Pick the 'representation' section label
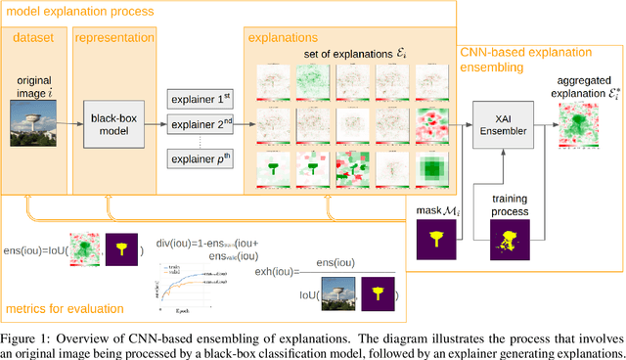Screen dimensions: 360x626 114,39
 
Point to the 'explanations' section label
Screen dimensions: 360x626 286,39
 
